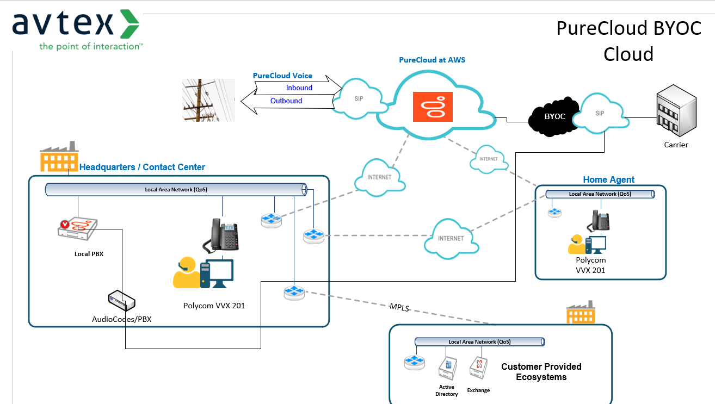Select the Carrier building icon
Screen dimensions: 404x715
pyautogui.click(x=676, y=114)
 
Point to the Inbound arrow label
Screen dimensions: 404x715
pyautogui.click(x=299, y=88)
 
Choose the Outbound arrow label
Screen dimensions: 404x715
pyautogui.click(x=286, y=101)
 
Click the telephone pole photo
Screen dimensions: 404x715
pyautogui.click(x=209, y=100)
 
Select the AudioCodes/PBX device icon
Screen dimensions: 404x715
pyautogui.click(x=121, y=301)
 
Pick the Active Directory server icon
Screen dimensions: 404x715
pyautogui.click(x=447, y=371)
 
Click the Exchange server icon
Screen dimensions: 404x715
pyautogui.click(x=478, y=371)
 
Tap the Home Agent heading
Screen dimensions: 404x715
pyautogui.click(x=608, y=179)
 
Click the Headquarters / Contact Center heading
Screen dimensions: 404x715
pyautogui.click(x=142, y=167)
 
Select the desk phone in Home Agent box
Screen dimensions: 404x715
pyautogui.click(x=601, y=221)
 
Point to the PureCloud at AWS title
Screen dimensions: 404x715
pyautogui.click(x=432, y=60)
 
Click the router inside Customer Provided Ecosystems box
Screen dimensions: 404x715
pyautogui.click(x=414, y=363)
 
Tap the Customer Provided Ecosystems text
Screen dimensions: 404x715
pyautogui.click(x=541, y=372)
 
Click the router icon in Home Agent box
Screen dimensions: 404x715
pyautogui.click(x=554, y=213)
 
